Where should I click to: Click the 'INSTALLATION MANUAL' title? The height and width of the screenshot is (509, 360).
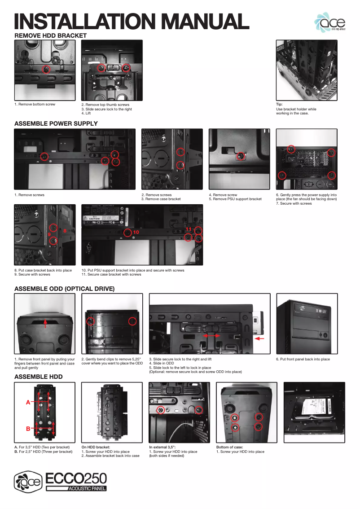point(132,22)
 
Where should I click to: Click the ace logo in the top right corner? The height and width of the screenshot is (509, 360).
point(330,22)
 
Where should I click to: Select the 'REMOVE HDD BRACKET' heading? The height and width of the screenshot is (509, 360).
point(50,35)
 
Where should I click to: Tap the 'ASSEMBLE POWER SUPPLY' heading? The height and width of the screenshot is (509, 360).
point(56,123)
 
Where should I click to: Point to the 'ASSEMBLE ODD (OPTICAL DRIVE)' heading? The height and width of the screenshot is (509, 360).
point(65,289)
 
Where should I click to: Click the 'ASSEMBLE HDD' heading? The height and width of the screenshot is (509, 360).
point(39,377)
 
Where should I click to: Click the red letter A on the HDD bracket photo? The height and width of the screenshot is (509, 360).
point(28,403)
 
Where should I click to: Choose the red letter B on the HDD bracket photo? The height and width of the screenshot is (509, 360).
point(28,429)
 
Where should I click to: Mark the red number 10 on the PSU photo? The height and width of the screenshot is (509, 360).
point(136,233)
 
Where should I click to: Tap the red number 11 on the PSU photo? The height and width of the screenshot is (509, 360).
point(188,229)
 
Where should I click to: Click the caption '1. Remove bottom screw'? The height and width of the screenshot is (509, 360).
point(35,105)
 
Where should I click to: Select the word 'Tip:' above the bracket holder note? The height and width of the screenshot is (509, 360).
point(279,105)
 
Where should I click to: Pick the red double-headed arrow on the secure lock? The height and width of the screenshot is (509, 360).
point(211,335)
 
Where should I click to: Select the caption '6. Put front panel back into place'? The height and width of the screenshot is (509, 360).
point(303,359)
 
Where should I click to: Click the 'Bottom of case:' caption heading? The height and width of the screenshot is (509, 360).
point(228,447)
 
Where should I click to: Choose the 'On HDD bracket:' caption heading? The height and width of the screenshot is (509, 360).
point(96,447)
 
